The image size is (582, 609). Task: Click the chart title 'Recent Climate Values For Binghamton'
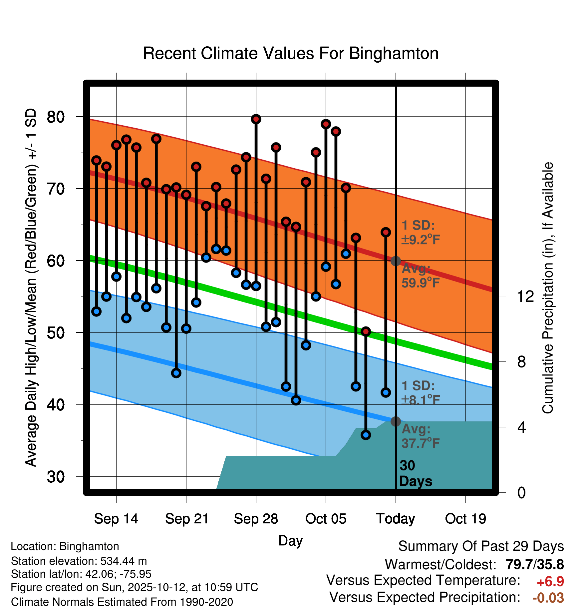coord(291,53)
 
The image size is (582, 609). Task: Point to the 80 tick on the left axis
coord(56,117)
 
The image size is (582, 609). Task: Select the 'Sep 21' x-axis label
coord(186,519)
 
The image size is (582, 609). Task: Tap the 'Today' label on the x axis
coord(396,519)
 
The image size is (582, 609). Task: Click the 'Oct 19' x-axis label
coord(465,519)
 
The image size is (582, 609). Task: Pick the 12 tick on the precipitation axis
coord(525,296)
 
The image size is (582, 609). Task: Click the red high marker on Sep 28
coord(256,119)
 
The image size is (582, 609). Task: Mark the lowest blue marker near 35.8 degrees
coord(366,435)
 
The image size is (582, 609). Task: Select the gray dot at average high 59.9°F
coord(396,261)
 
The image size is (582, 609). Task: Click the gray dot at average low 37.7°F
coord(396,421)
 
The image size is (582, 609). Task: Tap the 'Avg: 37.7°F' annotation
coord(420,436)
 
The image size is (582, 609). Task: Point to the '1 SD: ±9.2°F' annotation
coord(420,233)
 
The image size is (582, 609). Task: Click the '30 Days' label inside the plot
coord(415,473)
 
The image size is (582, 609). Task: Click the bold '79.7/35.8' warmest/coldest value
coord(534,565)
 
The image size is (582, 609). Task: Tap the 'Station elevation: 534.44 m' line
coord(79,561)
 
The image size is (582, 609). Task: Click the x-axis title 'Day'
coord(290,540)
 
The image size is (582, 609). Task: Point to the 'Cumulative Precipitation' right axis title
coord(548,288)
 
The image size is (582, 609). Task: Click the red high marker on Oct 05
coord(326,124)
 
